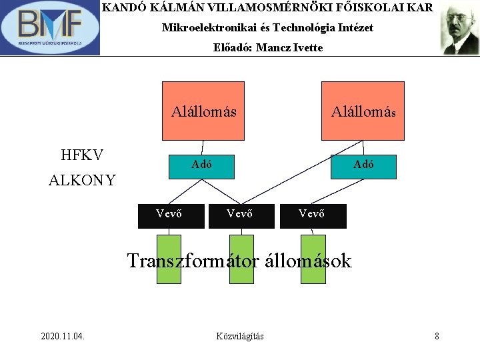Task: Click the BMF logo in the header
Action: [x=50, y=28]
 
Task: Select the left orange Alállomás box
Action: [x=203, y=111]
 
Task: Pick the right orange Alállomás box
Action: [x=363, y=111]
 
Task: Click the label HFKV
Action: [x=82, y=155]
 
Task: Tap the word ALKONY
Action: [x=82, y=180]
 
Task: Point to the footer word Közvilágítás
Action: [x=240, y=336]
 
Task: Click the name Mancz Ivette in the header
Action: [x=289, y=47]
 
